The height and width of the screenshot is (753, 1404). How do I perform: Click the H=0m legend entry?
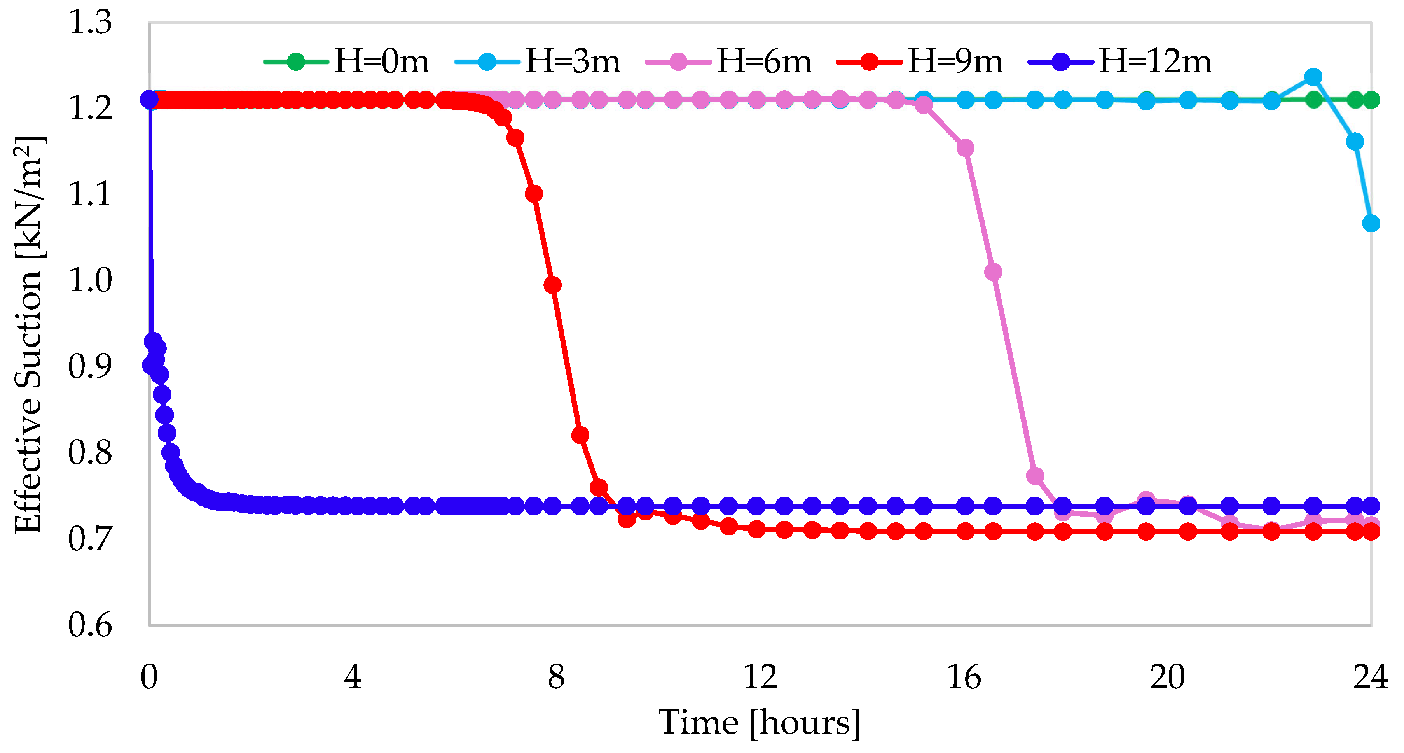(347, 61)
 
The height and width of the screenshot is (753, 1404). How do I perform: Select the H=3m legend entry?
(538, 61)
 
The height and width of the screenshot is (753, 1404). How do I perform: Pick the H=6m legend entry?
(729, 61)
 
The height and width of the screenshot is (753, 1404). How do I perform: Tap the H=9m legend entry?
(920, 61)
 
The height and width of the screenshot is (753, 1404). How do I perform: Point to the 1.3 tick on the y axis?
(90, 23)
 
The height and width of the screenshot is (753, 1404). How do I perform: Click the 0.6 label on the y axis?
(90, 625)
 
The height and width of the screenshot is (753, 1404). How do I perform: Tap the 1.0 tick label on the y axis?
(90, 281)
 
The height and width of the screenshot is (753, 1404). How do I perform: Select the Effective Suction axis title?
(28, 334)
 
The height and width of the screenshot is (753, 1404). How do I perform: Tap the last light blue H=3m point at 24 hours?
(1371, 223)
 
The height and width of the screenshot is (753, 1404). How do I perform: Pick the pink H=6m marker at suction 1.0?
(993, 271)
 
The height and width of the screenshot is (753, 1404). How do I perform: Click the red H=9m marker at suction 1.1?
(534, 194)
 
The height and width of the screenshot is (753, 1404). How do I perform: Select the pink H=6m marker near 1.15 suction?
(965, 148)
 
